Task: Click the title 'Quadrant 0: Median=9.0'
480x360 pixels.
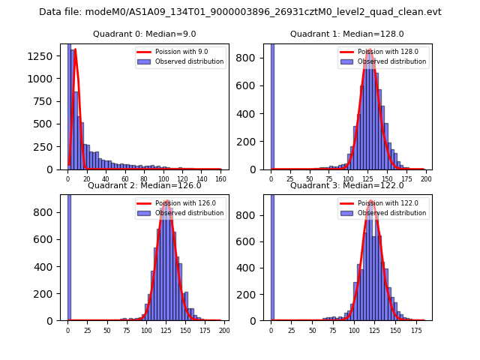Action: [x=145, y=34]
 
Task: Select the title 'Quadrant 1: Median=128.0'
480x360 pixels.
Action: [x=347, y=34]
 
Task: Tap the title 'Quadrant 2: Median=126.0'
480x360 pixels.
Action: [x=145, y=185]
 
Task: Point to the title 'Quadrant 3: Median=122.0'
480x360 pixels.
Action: [x=347, y=185]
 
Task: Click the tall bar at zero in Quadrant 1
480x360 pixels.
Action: [x=271, y=105]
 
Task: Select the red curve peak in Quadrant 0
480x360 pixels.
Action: [x=75, y=50]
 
